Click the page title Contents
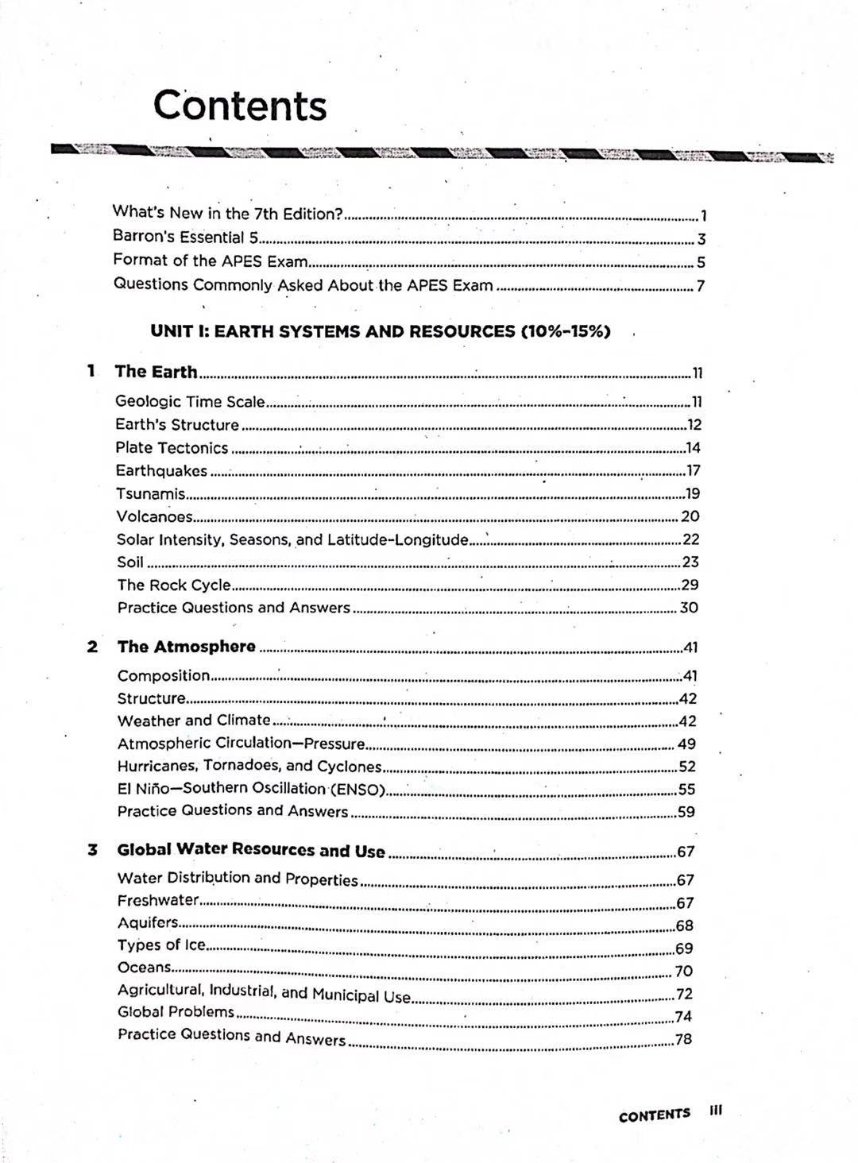pyautogui.click(x=239, y=106)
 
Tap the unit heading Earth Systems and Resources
pyautogui.click(x=380, y=331)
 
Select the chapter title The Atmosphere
pyautogui.click(x=187, y=647)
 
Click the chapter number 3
pyautogui.click(x=92, y=850)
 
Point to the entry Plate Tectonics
pyautogui.click(x=172, y=448)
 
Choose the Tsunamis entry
pyautogui.click(x=151, y=494)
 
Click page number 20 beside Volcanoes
pyautogui.click(x=690, y=516)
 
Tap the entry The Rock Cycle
pyautogui.click(x=174, y=585)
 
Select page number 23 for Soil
pyautogui.click(x=690, y=562)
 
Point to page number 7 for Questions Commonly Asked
pyautogui.click(x=701, y=286)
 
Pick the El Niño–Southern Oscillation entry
pyautogui.click(x=251, y=789)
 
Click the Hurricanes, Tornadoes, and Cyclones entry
pyautogui.click(x=249, y=766)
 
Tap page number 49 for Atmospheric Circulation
pyautogui.click(x=687, y=744)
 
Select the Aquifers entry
pyautogui.click(x=148, y=922)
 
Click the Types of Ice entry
pyautogui.click(x=161, y=945)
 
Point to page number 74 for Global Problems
pyautogui.click(x=683, y=1017)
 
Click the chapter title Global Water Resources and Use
pyautogui.click(x=251, y=850)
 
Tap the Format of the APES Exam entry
pyautogui.click(x=210, y=261)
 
